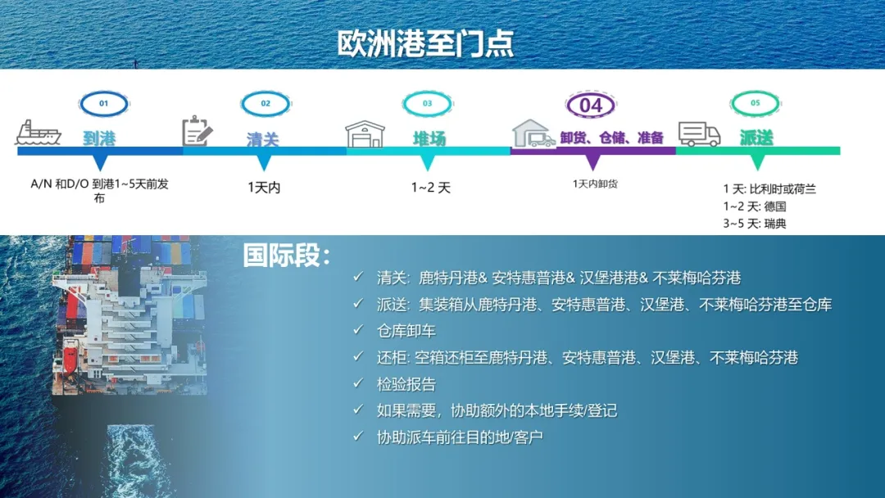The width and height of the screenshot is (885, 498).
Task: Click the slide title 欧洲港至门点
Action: click(x=425, y=43)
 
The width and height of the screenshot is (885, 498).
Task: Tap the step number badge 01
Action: click(x=104, y=103)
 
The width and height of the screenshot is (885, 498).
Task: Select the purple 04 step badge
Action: click(x=591, y=105)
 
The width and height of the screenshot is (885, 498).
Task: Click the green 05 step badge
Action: click(x=756, y=103)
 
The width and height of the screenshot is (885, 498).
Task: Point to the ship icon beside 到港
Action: click(x=39, y=134)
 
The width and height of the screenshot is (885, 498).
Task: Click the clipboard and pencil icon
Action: click(x=197, y=131)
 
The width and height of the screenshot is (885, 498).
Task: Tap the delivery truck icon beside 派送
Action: click(x=699, y=134)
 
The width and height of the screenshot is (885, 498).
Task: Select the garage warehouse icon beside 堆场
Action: click(x=365, y=134)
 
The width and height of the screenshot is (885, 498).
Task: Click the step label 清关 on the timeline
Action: click(x=263, y=138)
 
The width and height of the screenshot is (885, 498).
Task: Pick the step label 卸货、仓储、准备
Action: click(x=612, y=138)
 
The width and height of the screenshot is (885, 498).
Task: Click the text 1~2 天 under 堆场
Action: click(x=431, y=188)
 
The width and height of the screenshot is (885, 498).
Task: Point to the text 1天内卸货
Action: click(x=595, y=183)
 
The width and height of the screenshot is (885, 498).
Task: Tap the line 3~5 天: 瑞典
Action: click(x=755, y=224)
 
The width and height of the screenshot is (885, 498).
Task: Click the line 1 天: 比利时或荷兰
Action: click(x=769, y=189)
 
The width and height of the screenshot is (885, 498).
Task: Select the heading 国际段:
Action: click(x=287, y=256)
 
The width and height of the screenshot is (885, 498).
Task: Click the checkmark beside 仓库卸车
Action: click(x=358, y=329)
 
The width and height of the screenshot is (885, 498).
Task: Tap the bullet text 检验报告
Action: click(x=406, y=385)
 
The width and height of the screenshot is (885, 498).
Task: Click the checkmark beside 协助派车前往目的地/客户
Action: click(x=358, y=436)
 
